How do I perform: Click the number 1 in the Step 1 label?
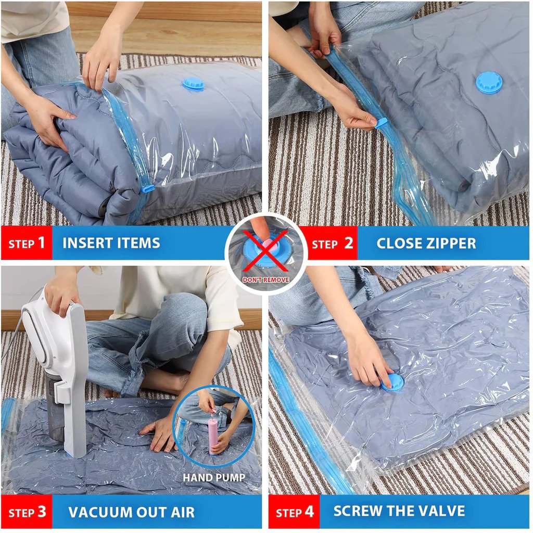[41, 243]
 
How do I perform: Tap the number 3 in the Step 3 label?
[42, 512]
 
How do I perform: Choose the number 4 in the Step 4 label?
[309, 512]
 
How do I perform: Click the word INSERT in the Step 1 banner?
[87, 243]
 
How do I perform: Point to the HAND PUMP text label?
[214, 478]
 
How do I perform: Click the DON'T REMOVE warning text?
[266, 280]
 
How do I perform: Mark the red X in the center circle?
[265, 250]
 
